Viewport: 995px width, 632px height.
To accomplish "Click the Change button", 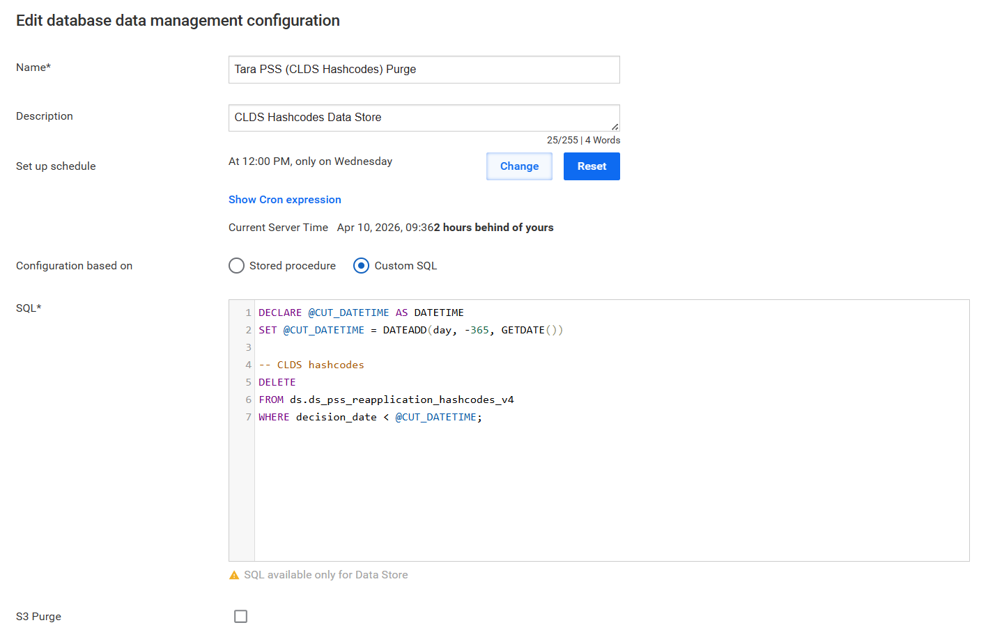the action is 519,166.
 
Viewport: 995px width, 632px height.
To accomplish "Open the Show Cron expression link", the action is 285,200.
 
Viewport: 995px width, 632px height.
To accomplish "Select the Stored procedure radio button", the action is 236,265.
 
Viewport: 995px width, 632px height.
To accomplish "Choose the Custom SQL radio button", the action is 361,265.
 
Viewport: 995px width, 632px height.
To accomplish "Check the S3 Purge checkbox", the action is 241,616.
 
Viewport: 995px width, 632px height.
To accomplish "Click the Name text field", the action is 424,69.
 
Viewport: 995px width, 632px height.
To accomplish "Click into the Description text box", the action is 424,118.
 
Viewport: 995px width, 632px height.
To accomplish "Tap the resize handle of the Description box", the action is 615,127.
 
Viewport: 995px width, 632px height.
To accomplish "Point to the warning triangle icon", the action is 234,575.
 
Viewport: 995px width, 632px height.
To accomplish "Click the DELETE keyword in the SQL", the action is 277,382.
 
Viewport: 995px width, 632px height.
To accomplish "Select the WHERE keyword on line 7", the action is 274,417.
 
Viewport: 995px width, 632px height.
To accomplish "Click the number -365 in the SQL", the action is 477,330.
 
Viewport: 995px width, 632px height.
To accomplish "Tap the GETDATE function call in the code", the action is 532,330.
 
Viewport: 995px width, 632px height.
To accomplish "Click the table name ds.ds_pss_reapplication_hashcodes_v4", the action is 401,400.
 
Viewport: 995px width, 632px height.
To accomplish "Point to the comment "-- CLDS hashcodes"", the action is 311,365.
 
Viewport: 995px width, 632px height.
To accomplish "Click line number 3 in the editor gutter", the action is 248,347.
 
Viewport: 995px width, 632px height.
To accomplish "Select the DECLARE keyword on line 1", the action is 280,313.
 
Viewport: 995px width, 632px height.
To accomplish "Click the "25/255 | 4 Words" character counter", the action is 583,140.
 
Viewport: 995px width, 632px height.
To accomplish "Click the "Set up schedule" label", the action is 56,166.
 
